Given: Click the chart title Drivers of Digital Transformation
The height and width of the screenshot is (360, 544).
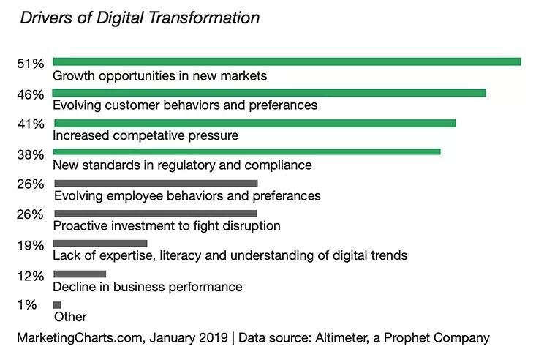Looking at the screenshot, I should point(140,18).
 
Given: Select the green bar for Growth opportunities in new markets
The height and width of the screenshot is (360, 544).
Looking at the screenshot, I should point(287,62).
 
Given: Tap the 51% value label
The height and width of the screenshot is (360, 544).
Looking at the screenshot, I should point(31,64).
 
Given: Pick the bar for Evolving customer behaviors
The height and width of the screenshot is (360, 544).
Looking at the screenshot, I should point(269,93).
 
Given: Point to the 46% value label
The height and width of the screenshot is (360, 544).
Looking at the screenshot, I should point(31,94).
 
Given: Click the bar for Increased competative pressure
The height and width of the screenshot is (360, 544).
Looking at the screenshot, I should point(254,123).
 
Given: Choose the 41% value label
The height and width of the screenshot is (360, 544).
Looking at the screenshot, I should point(31,124).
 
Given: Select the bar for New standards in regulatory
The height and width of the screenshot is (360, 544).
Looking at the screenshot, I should point(246,152).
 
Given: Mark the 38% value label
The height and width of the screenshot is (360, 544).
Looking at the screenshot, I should point(31,154).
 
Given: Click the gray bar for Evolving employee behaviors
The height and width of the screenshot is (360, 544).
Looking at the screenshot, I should point(156,183).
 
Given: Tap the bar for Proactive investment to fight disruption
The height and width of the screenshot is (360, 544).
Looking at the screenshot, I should point(155,214).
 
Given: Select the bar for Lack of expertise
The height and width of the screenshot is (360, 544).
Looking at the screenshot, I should point(100,244).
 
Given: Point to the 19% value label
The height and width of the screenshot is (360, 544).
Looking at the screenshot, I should point(31,245).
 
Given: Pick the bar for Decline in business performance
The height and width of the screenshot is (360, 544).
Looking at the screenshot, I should point(80,274).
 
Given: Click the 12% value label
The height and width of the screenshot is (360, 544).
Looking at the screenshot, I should point(31,276).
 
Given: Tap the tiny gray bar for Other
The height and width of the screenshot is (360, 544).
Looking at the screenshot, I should point(57,304).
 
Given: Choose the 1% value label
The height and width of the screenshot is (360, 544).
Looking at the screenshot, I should point(28,306).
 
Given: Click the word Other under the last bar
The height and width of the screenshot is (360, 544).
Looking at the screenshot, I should point(70,317).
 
